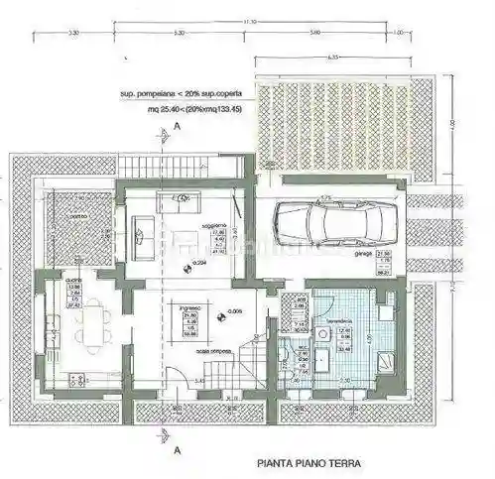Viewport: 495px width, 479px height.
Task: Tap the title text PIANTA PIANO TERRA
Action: point(309,462)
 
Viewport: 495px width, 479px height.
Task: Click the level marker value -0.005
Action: point(234,311)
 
